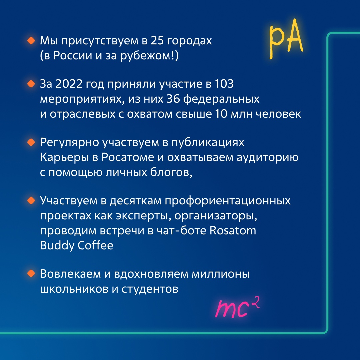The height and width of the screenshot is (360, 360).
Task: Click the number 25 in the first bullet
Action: tap(157, 41)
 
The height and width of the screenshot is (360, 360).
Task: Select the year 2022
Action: tap(69, 84)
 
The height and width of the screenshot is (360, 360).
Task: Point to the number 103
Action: tap(224, 84)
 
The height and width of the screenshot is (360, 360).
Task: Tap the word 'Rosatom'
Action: tap(233, 230)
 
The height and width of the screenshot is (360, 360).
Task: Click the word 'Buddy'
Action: tap(57, 245)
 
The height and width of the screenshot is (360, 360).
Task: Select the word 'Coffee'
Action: tap(95, 245)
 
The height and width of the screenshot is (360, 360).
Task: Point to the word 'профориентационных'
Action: tap(228, 201)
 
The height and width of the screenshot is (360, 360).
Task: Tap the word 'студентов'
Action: tap(150, 289)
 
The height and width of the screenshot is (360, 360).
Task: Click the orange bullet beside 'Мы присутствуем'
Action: tap(31, 41)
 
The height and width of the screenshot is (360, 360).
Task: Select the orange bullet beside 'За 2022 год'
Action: tap(31, 84)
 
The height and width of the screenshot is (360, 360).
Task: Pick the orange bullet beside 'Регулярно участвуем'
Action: tap(31, 142)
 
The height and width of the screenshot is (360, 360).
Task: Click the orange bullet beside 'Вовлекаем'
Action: tap(31, 273)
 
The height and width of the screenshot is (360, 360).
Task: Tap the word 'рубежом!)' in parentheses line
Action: tap(149, 56)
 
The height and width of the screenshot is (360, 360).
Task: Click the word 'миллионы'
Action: tap(221, 274)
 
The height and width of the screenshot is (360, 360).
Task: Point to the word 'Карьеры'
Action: tap(64, 157)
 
